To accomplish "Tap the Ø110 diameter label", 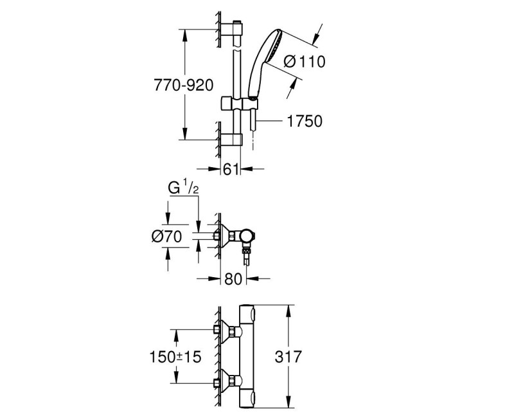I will point(304,62).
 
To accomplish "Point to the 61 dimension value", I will point(231,169).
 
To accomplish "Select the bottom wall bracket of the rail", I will point(233,139).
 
